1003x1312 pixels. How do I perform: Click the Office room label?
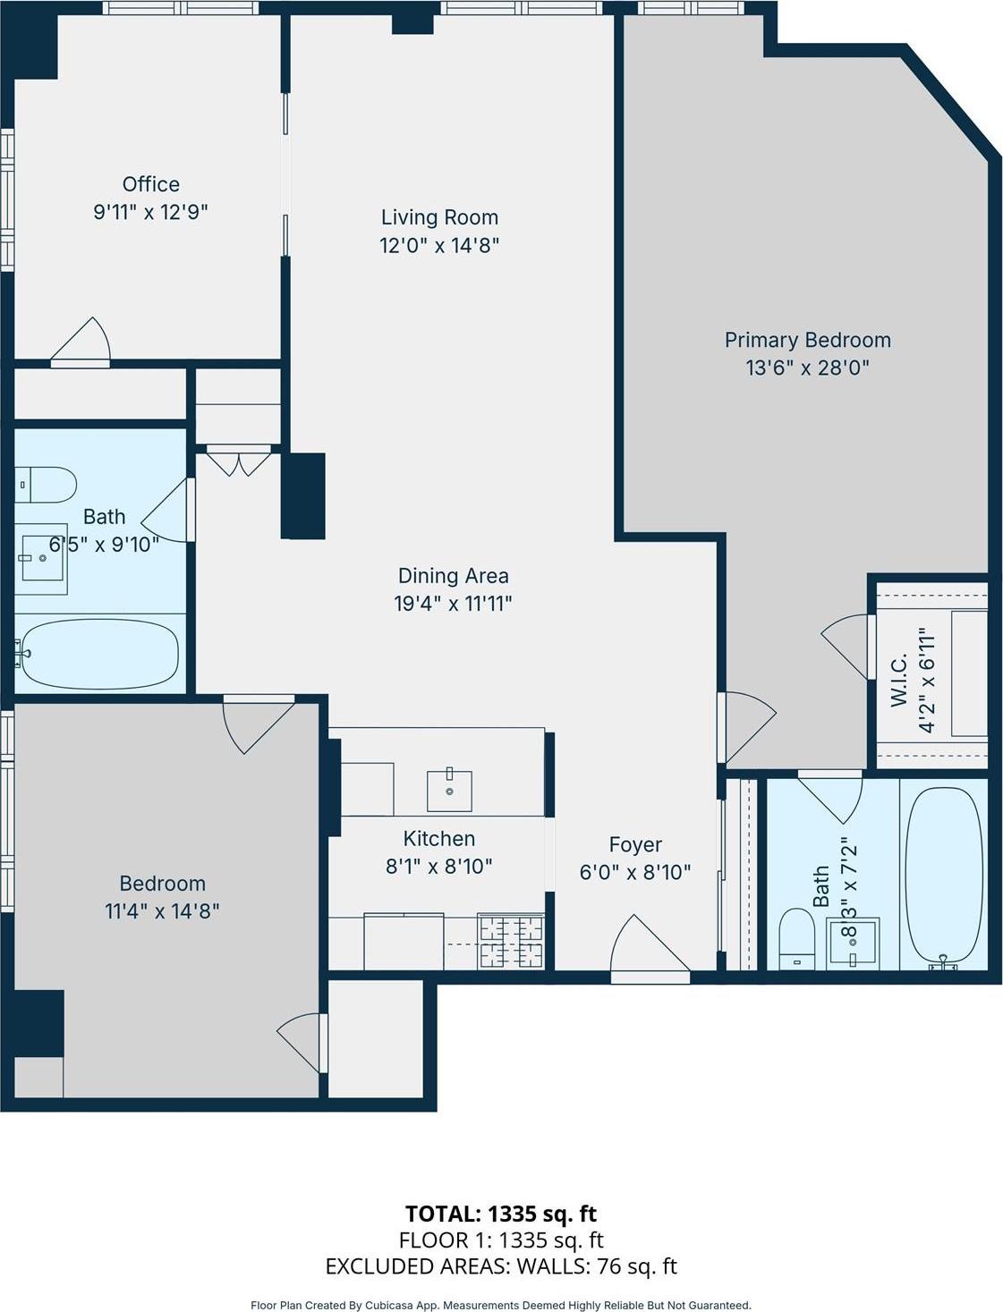pyautogui.click(x=150, y=184)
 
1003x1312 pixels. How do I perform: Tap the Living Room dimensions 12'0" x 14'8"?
pyautogui.click(x=438, y=245)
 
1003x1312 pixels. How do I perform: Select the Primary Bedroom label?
pyautogui.click(x=807, y=340)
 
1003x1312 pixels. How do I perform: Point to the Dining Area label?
pyautogui.click(x=453, y=576)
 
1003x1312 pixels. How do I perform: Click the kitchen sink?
pyautogui.click(x=449, y=789)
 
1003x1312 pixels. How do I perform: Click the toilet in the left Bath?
pyautogui.click(x=45, y=485)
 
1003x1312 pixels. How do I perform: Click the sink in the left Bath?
pyautogui.click(x=41, y=559)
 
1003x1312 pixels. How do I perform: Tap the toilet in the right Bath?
pyautogui.click(x=796, y=938)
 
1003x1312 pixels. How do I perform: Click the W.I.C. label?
pyautogui.click(x=899, y=680)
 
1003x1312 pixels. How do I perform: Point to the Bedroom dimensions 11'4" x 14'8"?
pyautogui.click(x=162, y=911)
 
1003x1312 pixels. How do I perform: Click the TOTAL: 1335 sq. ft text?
pyautogui.click(x=501, y=1214)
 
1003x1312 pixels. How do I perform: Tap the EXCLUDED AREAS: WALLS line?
pyautogui.click(x=501, y=1266)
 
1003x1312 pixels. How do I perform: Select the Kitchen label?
pyautogui.click(x=438, y=838)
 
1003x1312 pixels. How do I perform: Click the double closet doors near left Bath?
pyautogui.click(x=238, y=463)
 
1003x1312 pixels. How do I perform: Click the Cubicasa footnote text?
pyautogui.click(x=501, y=1305)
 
